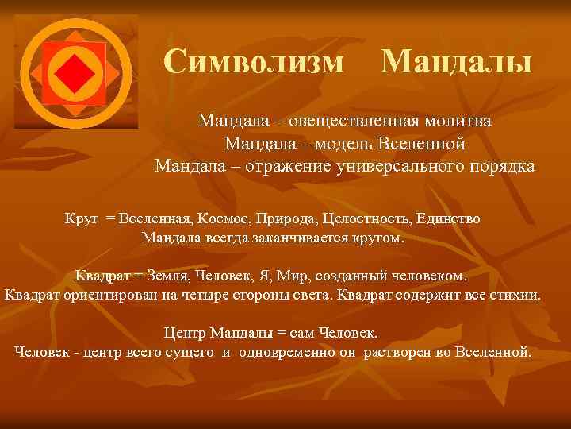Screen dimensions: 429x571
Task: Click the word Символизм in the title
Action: [x=255, y=61]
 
